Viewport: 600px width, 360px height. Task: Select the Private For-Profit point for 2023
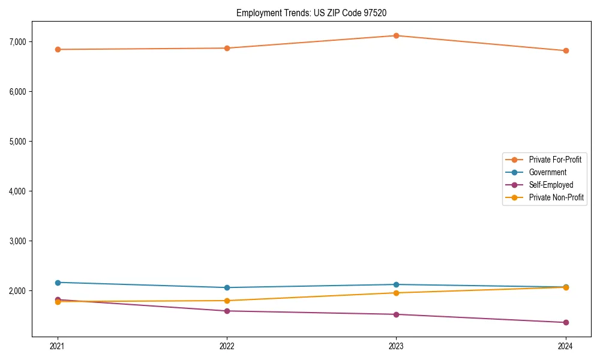(x=396, y=35)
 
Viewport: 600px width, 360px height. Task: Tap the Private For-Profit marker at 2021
(x=58, y=49)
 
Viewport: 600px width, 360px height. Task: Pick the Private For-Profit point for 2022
(x=227, y=48)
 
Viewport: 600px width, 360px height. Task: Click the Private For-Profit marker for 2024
(x=565, y=50)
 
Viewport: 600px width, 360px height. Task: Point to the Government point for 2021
(x=58, y=283)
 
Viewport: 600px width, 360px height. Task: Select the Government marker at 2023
(x=396, y=284)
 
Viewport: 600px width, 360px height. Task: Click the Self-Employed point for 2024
(x=565, y=322)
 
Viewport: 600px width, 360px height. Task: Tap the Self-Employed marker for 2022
(x=227, y=311)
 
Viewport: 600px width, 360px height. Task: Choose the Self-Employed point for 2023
(x=396, y=314)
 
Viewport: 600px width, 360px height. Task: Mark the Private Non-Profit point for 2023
(x=396, y=293)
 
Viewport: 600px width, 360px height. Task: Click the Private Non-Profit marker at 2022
(x=227, y=301)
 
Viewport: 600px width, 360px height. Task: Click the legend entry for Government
(x=547, y=172)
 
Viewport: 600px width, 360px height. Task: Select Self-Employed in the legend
(x=551, y=185)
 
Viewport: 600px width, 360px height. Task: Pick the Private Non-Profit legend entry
(x=556, y=197)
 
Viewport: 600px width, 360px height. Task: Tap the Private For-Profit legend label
(x=555, y=160)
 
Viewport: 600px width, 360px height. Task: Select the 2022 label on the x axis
(x=227, y=346)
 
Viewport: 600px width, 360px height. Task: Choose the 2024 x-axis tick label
(x=565, y=346)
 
